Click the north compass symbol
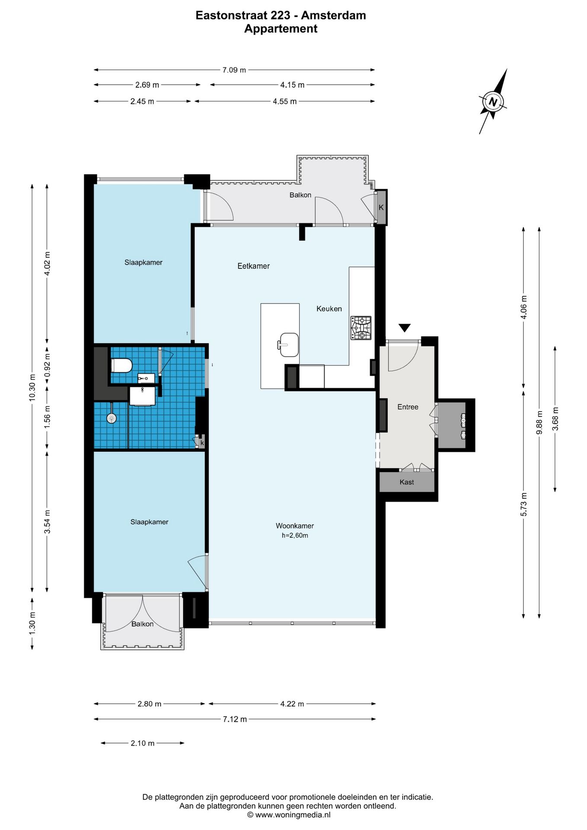click(493, 102)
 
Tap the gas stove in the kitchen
click(361, 328)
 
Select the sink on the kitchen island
click(289, 345)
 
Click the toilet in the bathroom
click(121, 365)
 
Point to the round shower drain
click(112, 418)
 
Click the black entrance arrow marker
click(405, 328)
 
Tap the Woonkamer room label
click(295, 526)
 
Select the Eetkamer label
click(254, 266)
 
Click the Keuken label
click(329, 309)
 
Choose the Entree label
click(408, 407)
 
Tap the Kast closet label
click(407, 482)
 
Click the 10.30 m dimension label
click(32, 387)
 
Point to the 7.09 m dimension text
click(234, 70)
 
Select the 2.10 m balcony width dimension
click(143, 743)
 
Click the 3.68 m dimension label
click(555, 419)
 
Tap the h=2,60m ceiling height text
click(295, 536)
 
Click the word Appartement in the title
click(281, 29)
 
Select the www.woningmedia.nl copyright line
click(288, 815)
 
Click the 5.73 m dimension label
click(524, 504)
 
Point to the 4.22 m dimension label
click(292, 704)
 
